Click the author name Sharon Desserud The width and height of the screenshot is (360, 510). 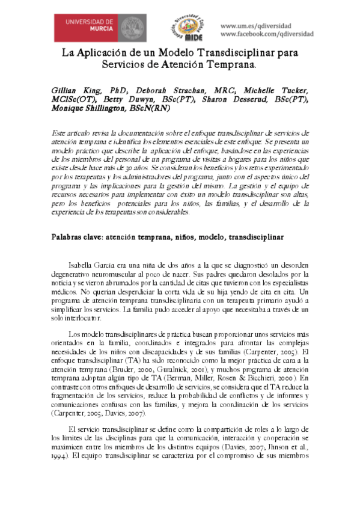tap(234, 99)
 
